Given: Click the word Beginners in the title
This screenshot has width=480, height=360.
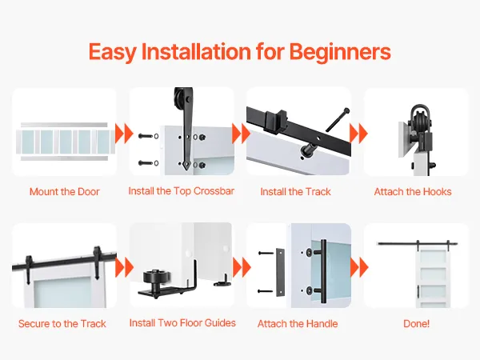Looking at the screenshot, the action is tap(340, 52).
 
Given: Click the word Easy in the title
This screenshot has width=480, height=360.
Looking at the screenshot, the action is tap(112, 52).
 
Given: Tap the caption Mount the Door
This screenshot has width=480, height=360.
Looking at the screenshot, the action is tap(65, 192).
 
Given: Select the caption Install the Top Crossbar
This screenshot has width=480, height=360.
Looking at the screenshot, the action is tap(182, 191).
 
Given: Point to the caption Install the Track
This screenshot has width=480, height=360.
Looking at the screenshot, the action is tap(295, 192).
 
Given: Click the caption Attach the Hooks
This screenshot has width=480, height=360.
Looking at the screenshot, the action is tap(413, 192).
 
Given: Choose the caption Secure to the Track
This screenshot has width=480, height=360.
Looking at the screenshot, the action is tap(62, 323).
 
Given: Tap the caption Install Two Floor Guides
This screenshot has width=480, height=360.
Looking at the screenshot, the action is tap(182, 323).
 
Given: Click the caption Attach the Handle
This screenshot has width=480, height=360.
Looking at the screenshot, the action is tap(298, 323).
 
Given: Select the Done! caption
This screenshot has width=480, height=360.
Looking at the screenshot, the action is tap(416, 323).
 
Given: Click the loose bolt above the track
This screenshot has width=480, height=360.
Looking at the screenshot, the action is tap(338, 120).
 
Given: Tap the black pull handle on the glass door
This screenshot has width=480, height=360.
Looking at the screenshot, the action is tap(323, 271).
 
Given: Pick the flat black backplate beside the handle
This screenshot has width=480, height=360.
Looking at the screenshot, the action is tap(280, 273).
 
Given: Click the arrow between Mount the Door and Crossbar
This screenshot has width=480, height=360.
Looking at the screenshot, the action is tap(124, 134).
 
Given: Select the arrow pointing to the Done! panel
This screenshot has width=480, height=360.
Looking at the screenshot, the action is tap(359, 267).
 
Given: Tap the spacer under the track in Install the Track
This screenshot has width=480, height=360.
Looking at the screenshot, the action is tap(307, 149).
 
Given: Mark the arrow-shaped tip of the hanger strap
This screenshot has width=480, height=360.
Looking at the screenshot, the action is tap(186, 166).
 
